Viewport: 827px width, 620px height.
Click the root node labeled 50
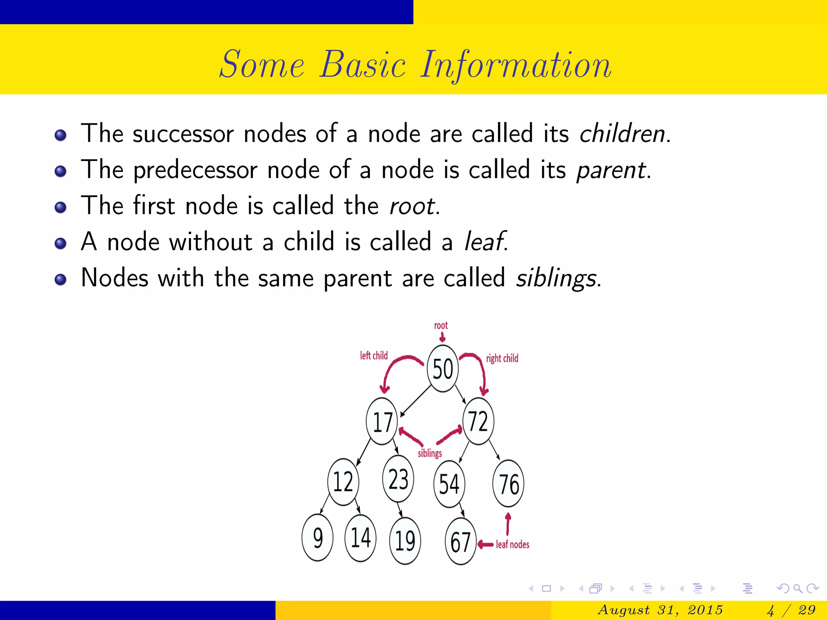pos(443,369)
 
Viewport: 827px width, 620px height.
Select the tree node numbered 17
pos(382,422)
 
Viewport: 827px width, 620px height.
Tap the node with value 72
pos(478,421)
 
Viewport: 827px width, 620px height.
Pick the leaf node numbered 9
pos(317,538)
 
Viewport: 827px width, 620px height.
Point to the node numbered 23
pos(398,479)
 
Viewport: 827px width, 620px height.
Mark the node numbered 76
pos(508,484)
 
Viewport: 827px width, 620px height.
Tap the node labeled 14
pos(360,538)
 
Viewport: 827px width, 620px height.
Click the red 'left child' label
pos(374,356)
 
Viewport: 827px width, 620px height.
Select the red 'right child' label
pos(502,358)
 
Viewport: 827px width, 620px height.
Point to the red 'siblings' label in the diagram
pos(430,453)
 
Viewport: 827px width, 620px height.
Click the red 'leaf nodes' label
pos(512,545)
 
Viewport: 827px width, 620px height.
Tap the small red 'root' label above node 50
pos(441,325)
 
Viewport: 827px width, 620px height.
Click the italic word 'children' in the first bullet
pos(622,134)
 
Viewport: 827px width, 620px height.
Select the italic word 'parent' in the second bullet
pos(611,170)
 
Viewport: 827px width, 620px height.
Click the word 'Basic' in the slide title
pos(362,65)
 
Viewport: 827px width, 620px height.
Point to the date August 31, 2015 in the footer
pos(660,610)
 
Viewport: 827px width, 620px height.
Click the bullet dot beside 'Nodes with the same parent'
pos(61,279)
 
